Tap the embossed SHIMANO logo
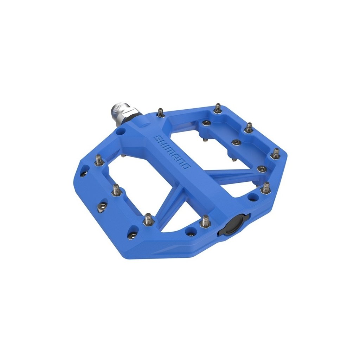point(173,152)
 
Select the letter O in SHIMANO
point(187,165)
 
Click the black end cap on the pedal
point(233,225)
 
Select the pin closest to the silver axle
point(160,113)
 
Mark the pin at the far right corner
point(276,154)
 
